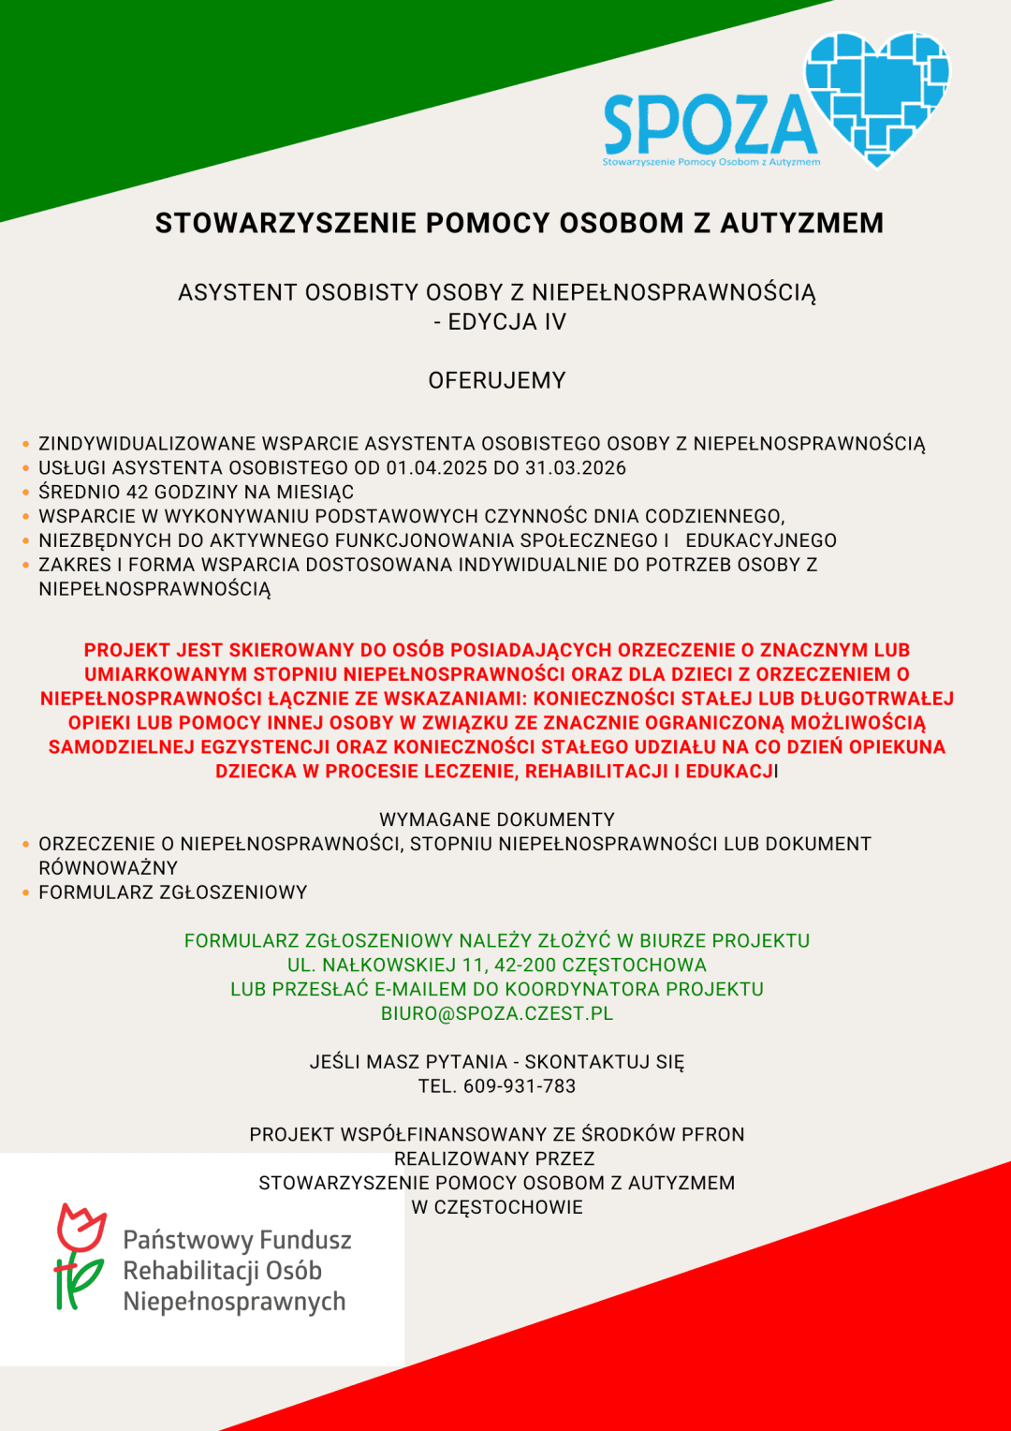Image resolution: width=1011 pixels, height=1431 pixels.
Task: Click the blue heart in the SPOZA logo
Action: click(877, 94)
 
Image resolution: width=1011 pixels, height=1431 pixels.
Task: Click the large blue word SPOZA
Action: click(710, 125)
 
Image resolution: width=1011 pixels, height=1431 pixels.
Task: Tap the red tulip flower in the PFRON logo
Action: click(81, 1228)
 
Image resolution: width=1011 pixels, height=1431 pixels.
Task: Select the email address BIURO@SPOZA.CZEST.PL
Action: click(497, 1013)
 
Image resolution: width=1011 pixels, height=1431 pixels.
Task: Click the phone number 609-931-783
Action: click(520, 1086)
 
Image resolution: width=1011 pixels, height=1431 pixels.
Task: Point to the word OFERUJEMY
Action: click(497, 380)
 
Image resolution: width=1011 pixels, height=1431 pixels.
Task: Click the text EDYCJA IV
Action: click(506, 322)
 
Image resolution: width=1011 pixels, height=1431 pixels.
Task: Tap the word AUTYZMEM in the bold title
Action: click(801, 223)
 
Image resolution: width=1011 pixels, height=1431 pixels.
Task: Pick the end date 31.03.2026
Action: click(576, 468)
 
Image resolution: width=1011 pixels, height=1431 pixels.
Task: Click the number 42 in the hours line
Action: click(138, 493)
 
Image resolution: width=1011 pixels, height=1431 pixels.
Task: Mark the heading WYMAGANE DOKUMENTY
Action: click(497, 819)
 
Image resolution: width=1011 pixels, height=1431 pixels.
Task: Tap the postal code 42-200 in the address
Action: click(529, 965)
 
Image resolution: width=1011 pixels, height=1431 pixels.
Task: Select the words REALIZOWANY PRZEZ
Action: click(494, 1159)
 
